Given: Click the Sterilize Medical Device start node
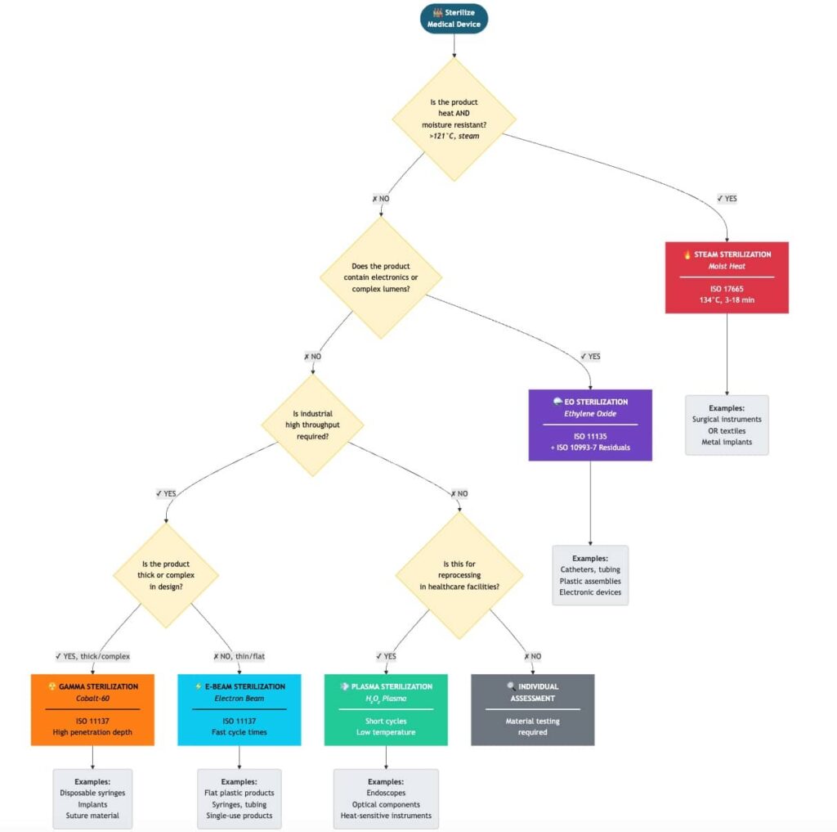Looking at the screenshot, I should point(454,19).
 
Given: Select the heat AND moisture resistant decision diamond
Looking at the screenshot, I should point(454,119).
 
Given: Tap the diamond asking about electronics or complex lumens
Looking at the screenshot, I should point(381,277).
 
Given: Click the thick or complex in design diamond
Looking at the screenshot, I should point(166,575).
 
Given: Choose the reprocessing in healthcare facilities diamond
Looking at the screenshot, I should point(459,575).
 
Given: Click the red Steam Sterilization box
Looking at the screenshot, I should point(727,277).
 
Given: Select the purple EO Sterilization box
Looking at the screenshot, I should point(590,425).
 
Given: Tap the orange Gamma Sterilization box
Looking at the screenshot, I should point(92,709).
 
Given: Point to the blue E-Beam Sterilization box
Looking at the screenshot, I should point(239,709).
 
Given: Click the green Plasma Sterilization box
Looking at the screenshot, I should point(386,709).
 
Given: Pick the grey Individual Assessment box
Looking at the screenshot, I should point(532,709).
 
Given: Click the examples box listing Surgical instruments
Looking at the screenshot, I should point(727,425).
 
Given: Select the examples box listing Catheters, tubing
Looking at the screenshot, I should point(590,574).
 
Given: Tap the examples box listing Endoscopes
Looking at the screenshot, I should point(386,798).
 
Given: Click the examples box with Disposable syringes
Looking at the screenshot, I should point(92,798).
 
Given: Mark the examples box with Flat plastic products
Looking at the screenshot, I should point(239,798).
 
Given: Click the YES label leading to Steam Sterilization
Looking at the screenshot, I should point(727,198).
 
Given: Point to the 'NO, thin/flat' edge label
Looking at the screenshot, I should point(239,656).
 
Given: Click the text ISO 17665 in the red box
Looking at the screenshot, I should point(727,288).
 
